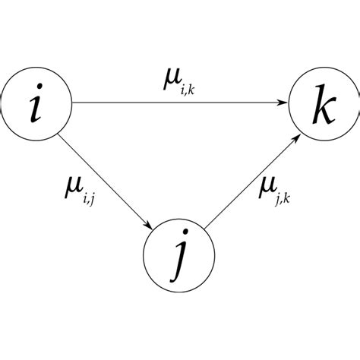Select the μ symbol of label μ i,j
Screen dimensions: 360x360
coord(74,185)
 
